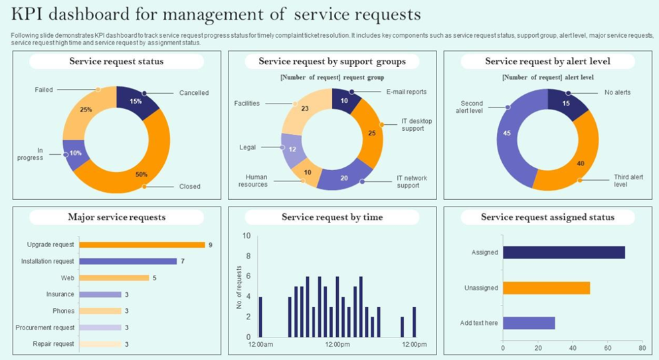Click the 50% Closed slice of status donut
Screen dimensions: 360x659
(143, 163)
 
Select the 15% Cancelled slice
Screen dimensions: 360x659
(136, 102)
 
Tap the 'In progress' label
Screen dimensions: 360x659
(31, 154)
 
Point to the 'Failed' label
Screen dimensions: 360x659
(44, 90)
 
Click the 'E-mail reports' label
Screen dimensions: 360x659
(406, 92)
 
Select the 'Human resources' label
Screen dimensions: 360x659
(256, 181)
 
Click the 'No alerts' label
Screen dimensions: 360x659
(618, 92)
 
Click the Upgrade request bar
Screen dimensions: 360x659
(141, 244)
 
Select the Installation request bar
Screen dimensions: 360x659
(128, 261)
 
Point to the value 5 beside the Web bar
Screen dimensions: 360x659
(154, 278)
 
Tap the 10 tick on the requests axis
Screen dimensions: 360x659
(246, 236)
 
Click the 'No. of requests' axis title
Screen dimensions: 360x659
(239, 287)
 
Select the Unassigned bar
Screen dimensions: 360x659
(546, 288)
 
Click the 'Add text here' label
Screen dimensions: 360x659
(479, 323)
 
